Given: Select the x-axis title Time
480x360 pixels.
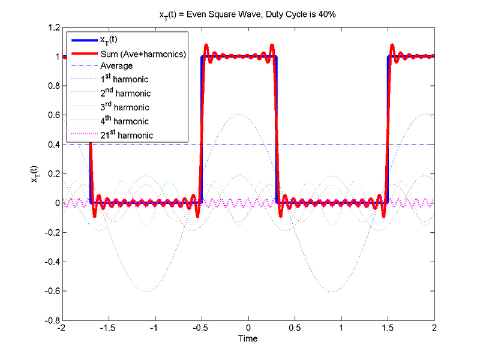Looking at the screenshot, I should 248,338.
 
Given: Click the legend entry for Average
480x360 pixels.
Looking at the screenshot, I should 116,66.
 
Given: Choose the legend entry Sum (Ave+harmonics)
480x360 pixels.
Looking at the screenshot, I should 143,54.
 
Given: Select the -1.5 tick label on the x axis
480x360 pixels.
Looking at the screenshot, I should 107,329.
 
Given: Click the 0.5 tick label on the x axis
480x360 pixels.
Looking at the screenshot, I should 294,329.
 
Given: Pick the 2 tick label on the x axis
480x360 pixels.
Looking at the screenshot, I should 434,329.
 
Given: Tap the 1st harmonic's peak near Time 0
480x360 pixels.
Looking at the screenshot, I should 239,114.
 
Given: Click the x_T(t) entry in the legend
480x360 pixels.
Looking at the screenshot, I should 111,40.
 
